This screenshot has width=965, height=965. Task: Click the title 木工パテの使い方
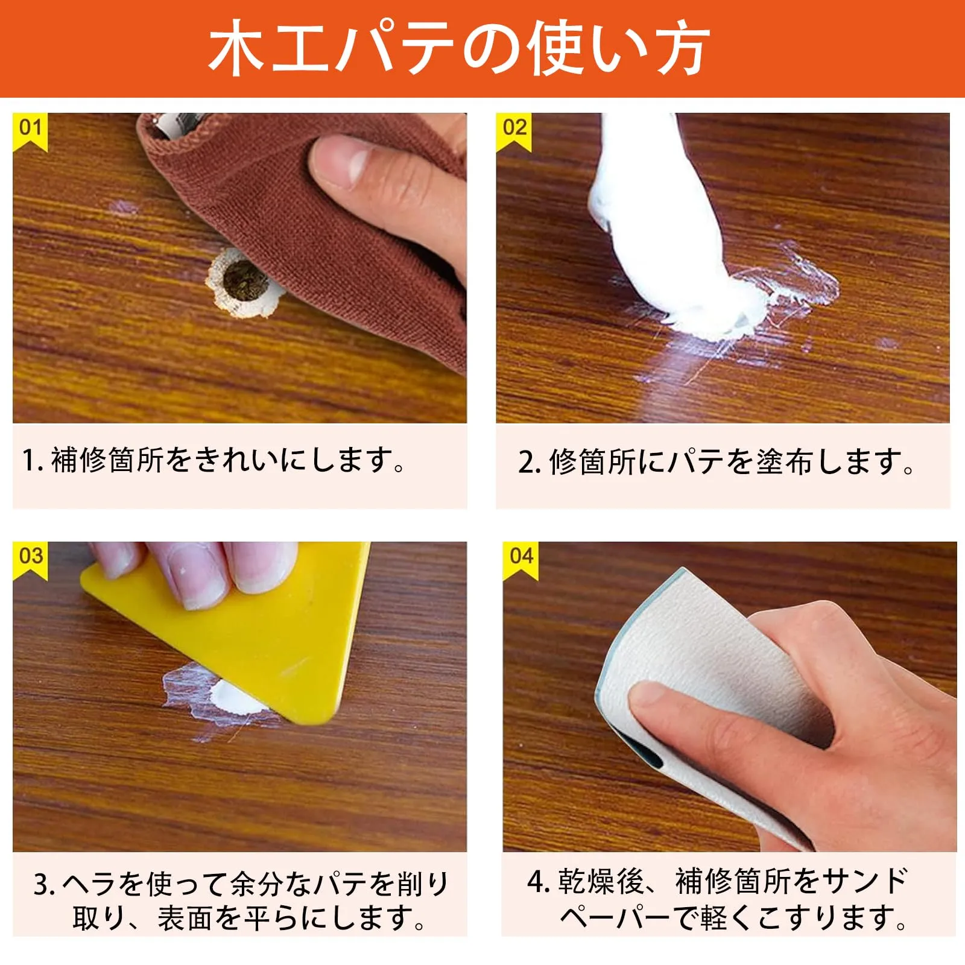point(459,48)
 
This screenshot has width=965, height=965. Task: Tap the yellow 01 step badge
point(30,131)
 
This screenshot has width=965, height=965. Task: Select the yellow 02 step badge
point(514,131)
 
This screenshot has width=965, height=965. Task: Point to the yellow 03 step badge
point(30,560)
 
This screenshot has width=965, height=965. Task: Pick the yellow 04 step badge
point(520,560)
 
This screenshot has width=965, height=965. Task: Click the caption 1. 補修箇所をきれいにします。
point(214,461)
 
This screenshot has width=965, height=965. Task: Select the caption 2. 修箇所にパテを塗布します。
point(717,462)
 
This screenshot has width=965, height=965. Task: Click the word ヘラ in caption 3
point(88,884)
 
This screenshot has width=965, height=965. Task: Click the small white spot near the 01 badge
point(124,208)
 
